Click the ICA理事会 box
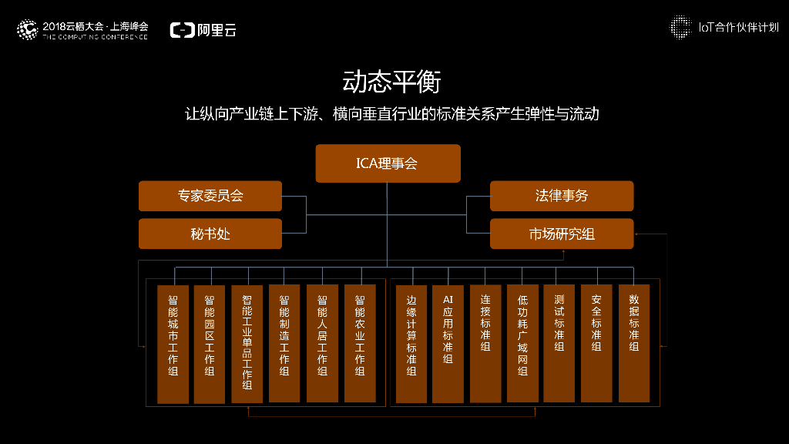click(x=388, y=163)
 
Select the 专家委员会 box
click(x=210, y=196)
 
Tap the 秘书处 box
click(x=210, y=234)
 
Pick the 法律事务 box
click(x=562, y=196)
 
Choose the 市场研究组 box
click(x=562, y=234)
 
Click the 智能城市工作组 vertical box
click(x=173, y=344)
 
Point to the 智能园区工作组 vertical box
click(x=210, y=344)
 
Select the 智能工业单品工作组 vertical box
click(x=247, y=344)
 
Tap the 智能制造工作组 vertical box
click(x=284, y=344)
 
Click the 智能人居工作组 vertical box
click(x=322, y=344)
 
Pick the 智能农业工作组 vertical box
click(x=360, y=344)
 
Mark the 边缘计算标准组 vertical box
click(x=411, y=344)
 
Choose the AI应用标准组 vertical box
click(x=448, y=344)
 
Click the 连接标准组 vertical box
click(x=485, y=344)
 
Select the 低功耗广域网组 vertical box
click(x=522, y=344)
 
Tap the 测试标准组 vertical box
click(x=559, y=344)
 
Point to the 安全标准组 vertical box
click(x=596, y=344)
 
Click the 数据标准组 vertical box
click(x=634, y=344)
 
